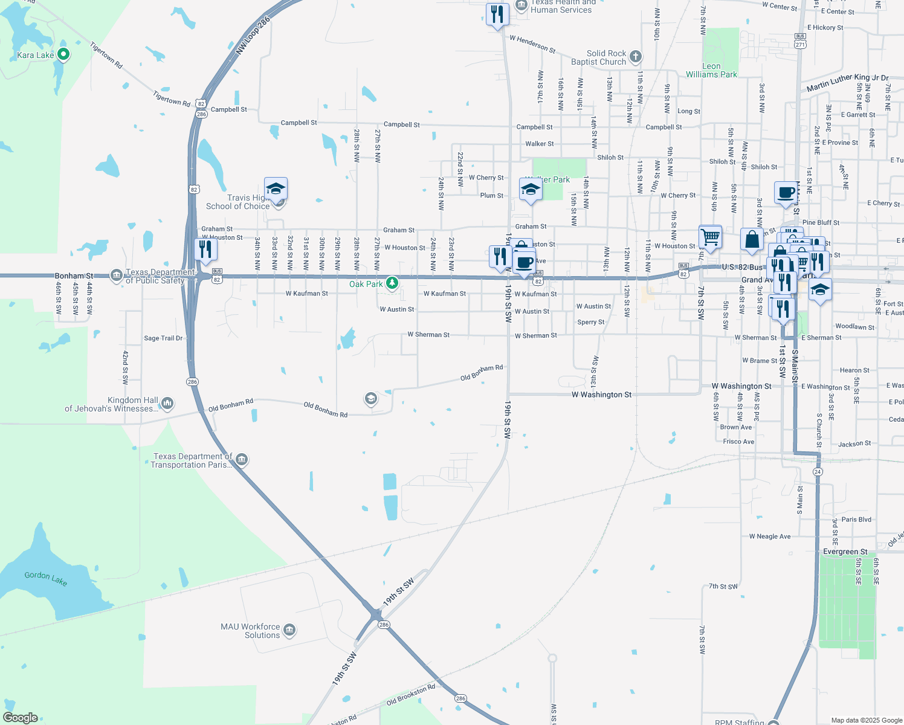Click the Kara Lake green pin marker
point(63,55)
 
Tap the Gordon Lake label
point(46,578)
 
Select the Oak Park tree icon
point(392,283)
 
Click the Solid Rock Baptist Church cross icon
point(635,57)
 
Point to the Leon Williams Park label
point(711,71)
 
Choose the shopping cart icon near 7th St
point(710,236)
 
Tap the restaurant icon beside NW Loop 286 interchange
point(206,249)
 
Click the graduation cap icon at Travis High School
point(276,188)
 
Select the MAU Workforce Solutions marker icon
point(289,631)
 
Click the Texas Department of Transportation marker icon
point(242,460)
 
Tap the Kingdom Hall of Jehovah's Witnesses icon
point(167,403)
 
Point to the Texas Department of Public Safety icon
point(116,276)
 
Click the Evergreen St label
point(845,552)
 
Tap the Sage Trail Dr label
point(163,338)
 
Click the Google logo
point(21,718)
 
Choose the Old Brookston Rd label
point(411,695)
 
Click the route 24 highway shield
point(818,471)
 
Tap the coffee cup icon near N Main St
point(786,193)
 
